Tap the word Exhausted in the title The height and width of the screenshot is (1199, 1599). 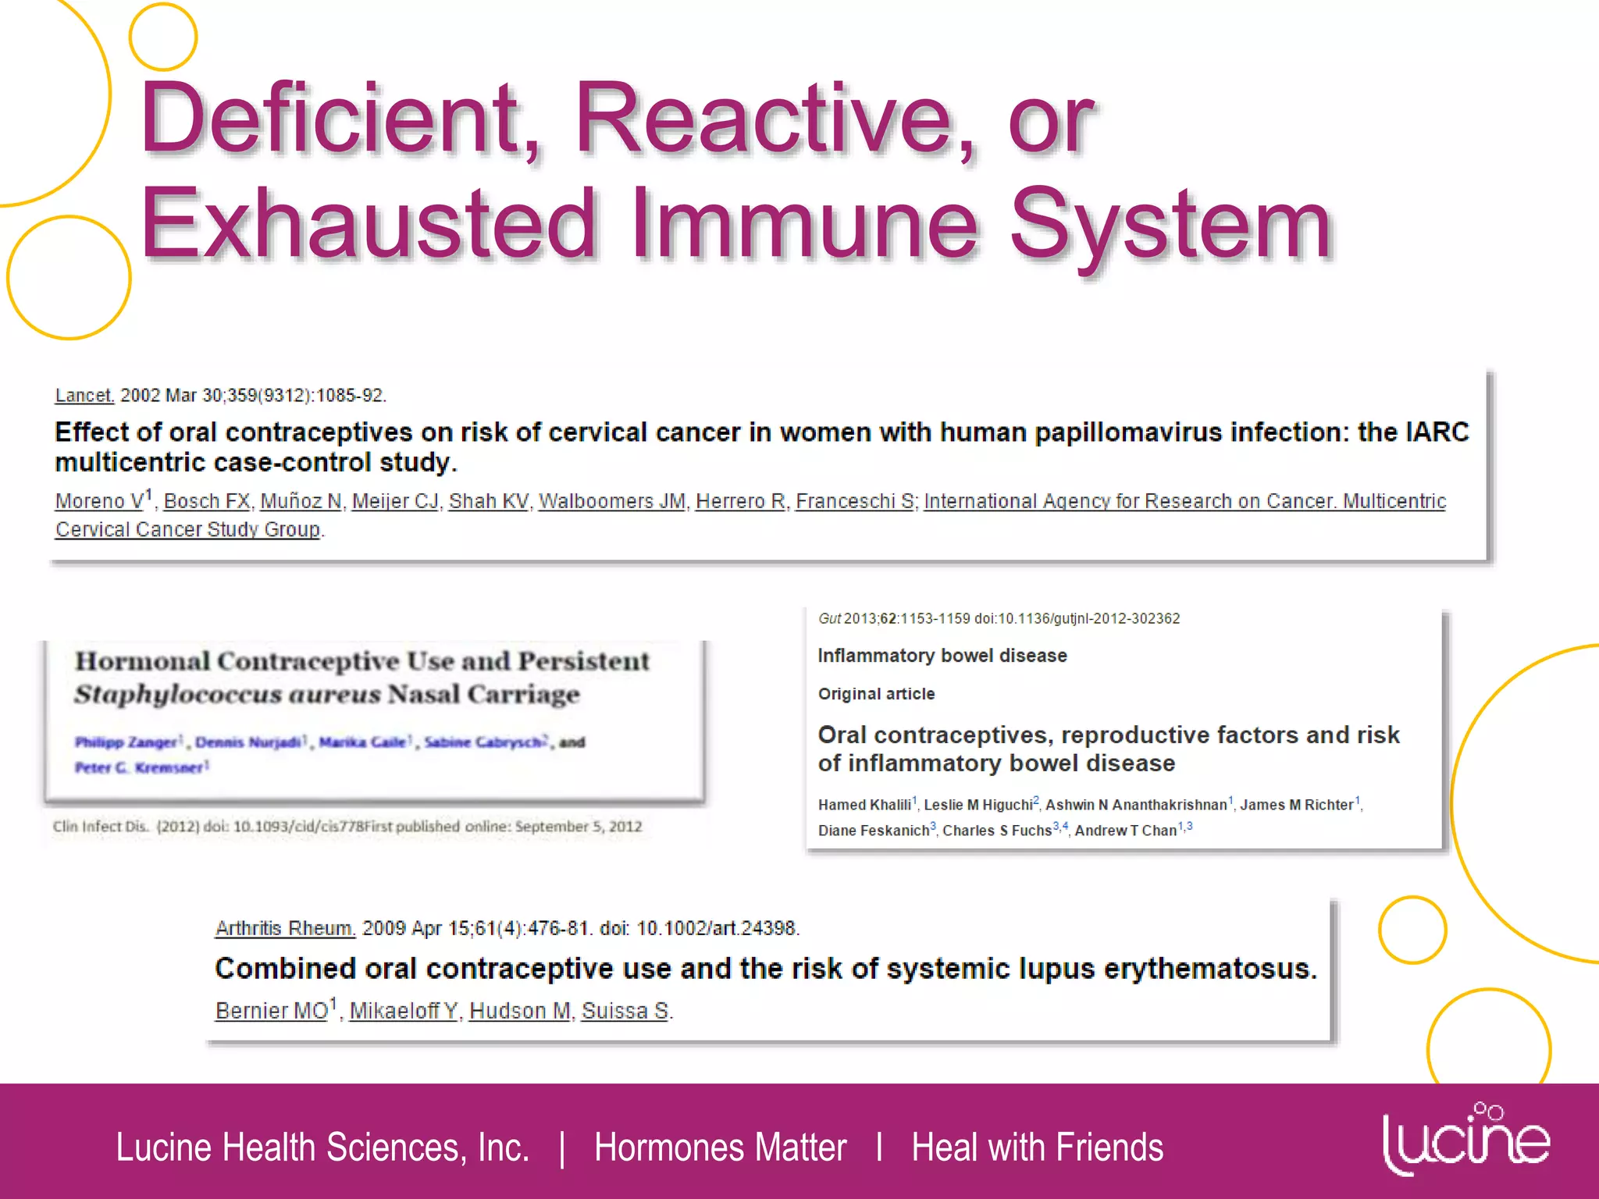(x=367, y=225)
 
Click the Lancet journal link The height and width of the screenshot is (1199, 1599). (x=84, y=396)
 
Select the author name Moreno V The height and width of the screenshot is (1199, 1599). (x=100, y=501)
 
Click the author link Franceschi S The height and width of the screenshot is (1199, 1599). (x=854, y=501)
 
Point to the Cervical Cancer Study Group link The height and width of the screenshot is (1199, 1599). (x=187, y=530)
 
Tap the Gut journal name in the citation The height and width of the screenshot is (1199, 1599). (x=829, y=619)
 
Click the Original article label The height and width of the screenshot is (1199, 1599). (x=876, y=694)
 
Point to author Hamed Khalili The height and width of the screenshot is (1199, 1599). (x=864, y=805)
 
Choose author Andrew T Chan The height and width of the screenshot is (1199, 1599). (x=1125, y=831)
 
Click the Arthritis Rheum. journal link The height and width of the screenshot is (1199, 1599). (x=285, y=928)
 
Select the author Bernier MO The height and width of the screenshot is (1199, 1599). (x=272, y=1011)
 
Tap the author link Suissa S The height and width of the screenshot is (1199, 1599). (x=625, y=1011)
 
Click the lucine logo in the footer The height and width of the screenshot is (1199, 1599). (x=1465, y=1140)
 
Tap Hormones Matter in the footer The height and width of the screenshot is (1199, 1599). (x=720, y=1147)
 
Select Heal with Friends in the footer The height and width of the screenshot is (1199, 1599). (x=1037, y=1147)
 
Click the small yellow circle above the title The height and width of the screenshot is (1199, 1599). (x=163, y=37)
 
